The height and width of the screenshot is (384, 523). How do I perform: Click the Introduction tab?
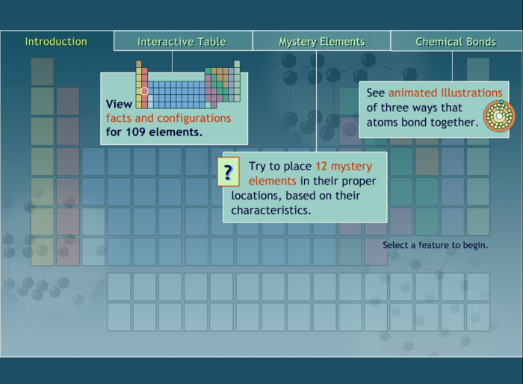coord(56,41)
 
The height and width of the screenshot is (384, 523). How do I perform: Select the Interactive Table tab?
coord(182,42)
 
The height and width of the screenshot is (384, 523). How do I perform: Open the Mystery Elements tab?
coord(321,42)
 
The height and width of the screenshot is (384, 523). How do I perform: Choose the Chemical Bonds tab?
coord(456,42)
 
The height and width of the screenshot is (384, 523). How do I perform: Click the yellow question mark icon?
coord(228,173)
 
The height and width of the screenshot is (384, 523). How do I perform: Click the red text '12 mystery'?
coord(343,166)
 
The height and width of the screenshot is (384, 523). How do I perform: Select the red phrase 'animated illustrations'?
coord(445,93)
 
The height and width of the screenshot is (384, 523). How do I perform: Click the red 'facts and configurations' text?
coord(168,118)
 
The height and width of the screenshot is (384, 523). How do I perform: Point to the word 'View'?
coord(119,105)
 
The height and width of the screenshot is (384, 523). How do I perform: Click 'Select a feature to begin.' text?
coord(436,245)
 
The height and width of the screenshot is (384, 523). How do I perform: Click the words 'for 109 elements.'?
coord(154,132)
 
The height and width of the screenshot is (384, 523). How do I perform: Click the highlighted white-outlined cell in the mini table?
coord(145,91)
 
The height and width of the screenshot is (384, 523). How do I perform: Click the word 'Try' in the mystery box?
coord(259,166)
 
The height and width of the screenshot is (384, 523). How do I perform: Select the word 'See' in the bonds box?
coord(375,93)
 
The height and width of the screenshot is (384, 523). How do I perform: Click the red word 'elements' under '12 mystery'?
coord(273,181)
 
